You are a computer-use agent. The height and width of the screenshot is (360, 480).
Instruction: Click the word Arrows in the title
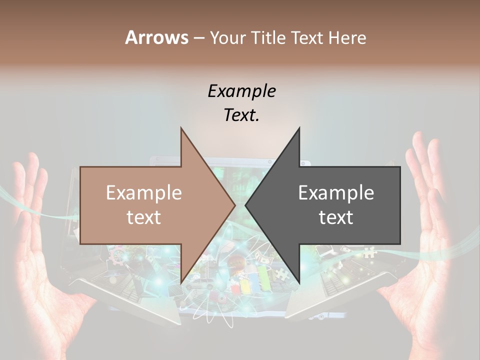[x=156, y=37]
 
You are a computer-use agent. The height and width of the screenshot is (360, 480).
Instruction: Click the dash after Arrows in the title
[x=199, y=38]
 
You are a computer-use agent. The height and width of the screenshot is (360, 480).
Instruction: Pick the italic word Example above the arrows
[x=241, y=91]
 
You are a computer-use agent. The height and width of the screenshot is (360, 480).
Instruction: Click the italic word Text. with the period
[x=241, y=115]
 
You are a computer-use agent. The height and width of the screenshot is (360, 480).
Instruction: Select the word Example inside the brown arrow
[x=143, y=193]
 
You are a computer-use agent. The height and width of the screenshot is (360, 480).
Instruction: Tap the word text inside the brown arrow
[x=143, y=217]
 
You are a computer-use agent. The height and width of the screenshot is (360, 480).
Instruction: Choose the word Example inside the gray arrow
[x=336, y=193]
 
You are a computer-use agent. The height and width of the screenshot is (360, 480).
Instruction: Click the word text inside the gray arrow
[x=336, y=217]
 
